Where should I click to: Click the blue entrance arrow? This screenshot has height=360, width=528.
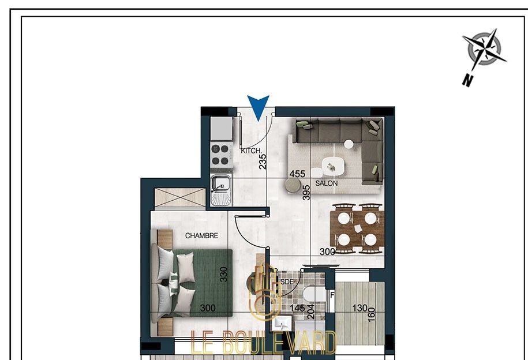(x=259, y=106)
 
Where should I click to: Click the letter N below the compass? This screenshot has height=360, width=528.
(x=467, y=81)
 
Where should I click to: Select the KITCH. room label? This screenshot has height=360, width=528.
(x=251, y=151)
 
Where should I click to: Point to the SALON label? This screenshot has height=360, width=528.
(x=326, y=183)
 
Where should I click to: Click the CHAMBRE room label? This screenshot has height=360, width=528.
(x=202, y=236)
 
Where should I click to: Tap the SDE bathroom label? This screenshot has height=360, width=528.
(x=287, y=282)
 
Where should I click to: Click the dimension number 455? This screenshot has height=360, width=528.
(x=297, y=174)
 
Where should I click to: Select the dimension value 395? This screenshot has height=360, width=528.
(x=306, y=192)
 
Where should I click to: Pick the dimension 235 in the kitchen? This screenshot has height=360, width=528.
(x=263, y=162)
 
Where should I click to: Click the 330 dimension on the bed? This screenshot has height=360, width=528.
(x=223, y=274)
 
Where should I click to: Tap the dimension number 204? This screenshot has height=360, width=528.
(x=311, y=312)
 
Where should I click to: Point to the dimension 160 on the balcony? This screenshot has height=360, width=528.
(x=372, y=314)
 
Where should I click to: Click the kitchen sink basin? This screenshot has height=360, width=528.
(x=221, y=183)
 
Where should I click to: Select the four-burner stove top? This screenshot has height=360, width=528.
(x=220, y=155)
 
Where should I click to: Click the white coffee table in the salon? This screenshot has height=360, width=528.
(x=333, y=166)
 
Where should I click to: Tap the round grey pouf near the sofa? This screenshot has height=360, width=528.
(x=293, y=185)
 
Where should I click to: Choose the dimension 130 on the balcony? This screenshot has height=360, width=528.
(x=360, y=308)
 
